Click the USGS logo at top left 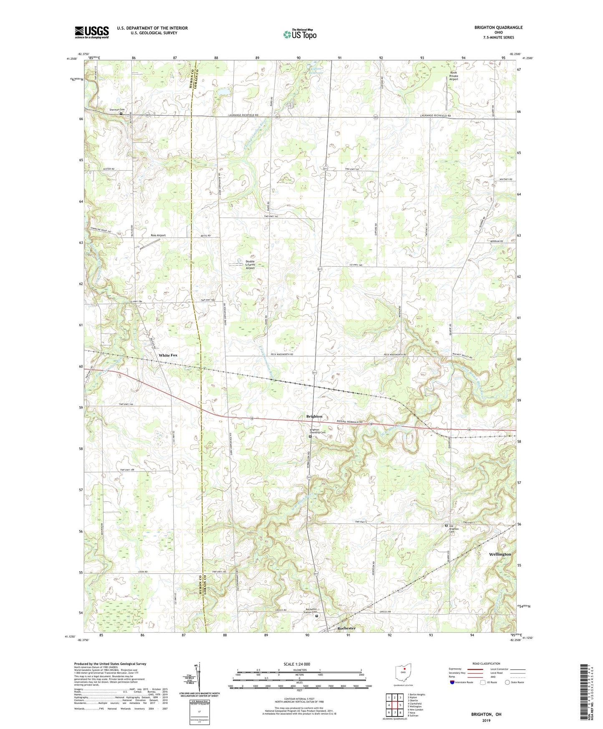92,32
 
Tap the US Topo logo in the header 299,34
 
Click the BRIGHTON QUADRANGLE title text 498,28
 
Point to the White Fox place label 168,355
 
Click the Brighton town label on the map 314,416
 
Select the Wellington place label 500,554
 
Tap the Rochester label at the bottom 346,628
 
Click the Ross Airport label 158,235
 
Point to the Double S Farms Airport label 250,265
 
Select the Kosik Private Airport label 454,76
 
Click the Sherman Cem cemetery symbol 121,113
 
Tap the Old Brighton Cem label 454,529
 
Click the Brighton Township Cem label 317,431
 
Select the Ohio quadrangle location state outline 403,673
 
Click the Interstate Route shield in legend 452,694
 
